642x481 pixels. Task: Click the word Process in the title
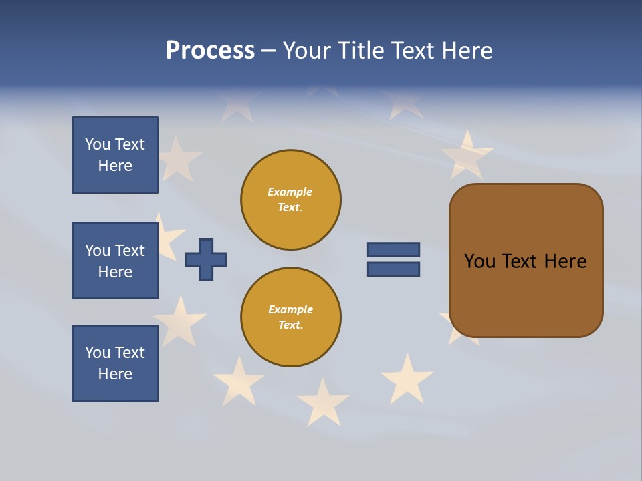[210, 51]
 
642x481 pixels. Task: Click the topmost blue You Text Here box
[115, 155]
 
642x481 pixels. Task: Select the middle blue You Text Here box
[115, 261]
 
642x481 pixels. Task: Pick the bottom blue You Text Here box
[115, 363]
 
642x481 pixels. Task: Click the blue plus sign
[206, 259]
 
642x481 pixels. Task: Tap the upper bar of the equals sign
[393, 249]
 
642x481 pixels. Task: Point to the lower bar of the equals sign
[393, 269]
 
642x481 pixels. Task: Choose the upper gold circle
[291, 200]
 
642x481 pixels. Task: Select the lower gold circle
[291, 317]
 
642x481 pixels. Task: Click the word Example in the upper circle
[290, 192]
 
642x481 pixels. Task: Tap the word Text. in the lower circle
[290, 325]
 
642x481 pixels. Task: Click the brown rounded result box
[526, 261]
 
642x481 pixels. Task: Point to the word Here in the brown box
[565, 261]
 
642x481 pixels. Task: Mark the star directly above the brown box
[467, 155]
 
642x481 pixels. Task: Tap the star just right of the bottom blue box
[179, 320]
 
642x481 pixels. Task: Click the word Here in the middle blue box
[115, 272]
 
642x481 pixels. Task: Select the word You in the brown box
[479, 261]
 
